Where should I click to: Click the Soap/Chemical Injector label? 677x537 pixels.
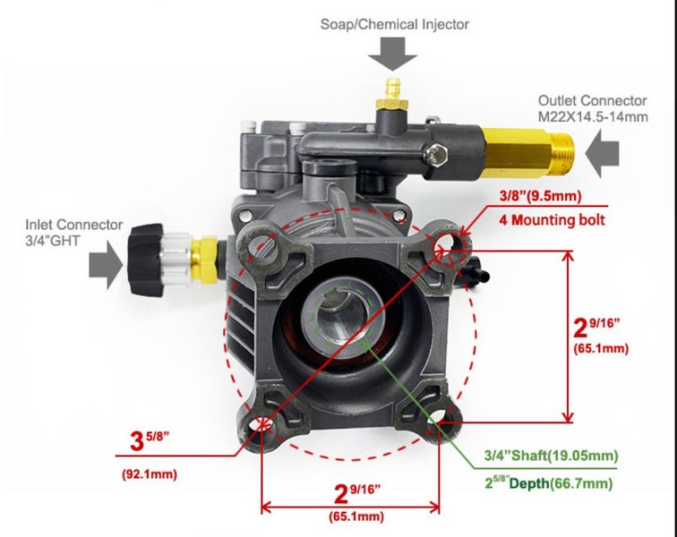click(395, 24)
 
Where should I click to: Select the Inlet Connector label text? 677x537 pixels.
click(73, 225)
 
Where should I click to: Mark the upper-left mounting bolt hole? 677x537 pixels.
click(262, 244)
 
